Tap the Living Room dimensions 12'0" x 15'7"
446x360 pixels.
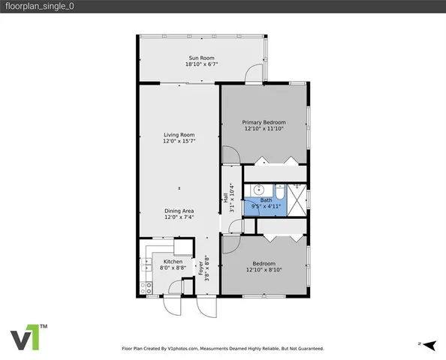point(179,142)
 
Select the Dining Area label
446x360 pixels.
point(179,211)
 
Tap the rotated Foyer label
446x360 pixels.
point(201,268)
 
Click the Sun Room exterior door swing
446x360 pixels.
point(256,72)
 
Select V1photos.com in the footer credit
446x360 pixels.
point(182,349)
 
